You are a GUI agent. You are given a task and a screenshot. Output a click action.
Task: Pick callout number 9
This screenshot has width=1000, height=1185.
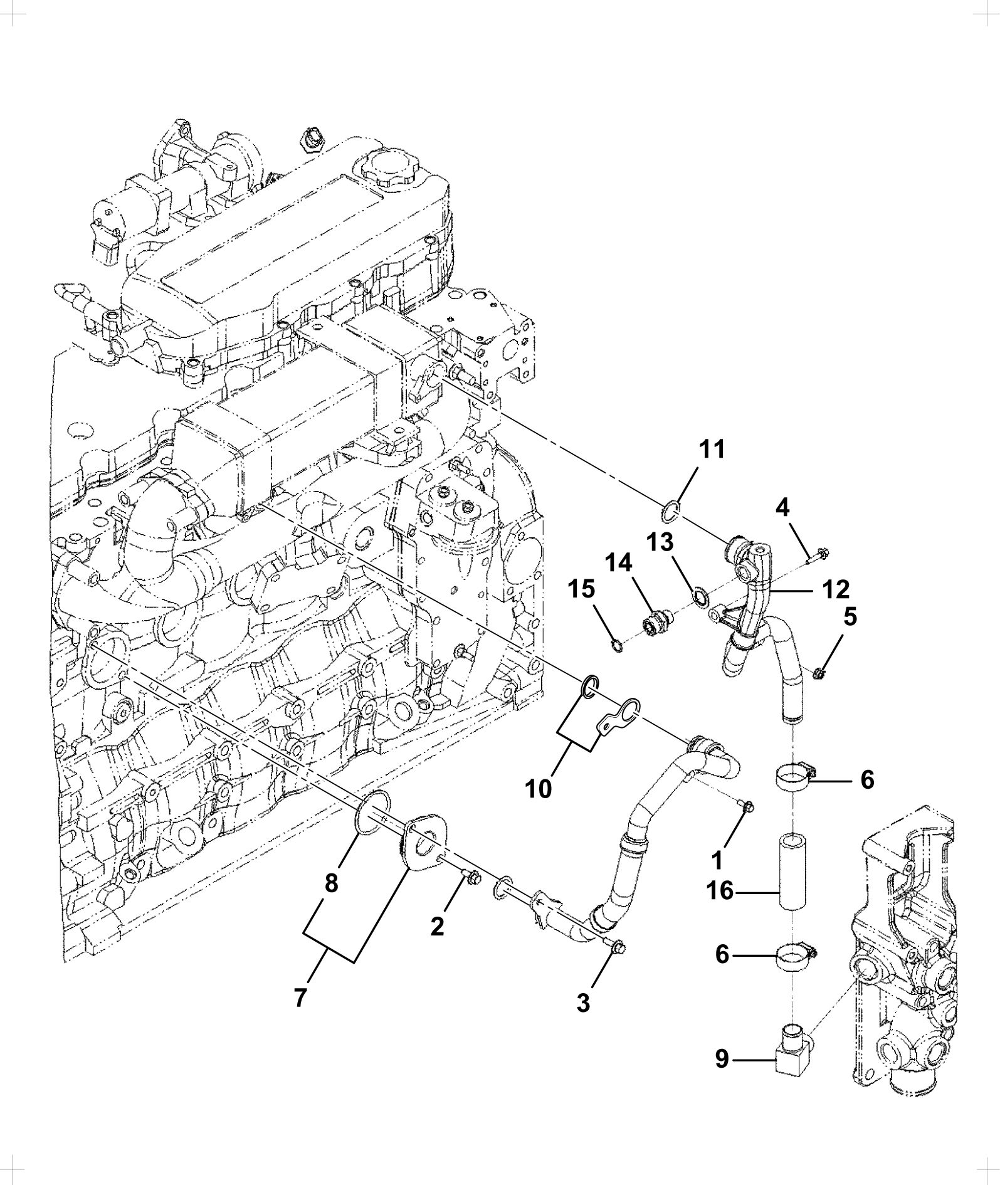click(722, 1060)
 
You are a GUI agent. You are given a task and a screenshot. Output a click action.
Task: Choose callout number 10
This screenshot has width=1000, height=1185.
click(539, 788)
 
